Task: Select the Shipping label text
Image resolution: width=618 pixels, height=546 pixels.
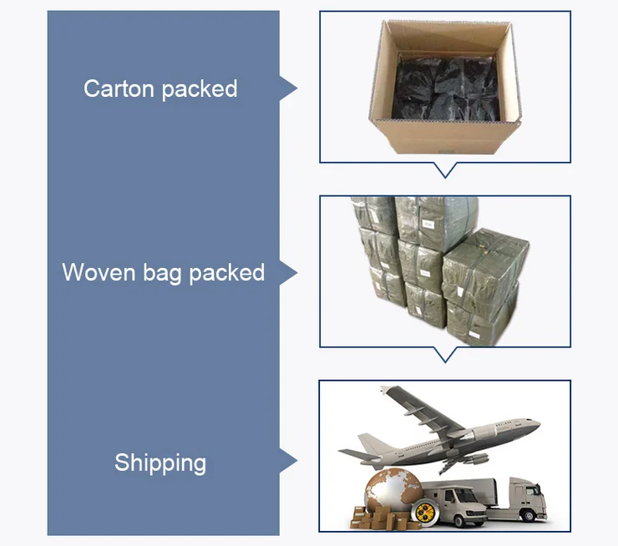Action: (x=160, y=463)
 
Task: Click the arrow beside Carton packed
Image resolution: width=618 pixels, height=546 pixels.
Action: (x=288, y=88)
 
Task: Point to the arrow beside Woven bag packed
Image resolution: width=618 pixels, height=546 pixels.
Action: (x=288, y=272)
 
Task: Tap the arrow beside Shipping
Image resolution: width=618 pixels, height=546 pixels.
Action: (x=288, y=462)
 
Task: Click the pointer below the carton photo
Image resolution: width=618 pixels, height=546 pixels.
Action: (x=446, y=169)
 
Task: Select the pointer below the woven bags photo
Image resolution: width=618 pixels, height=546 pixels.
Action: (x=446, y=354)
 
